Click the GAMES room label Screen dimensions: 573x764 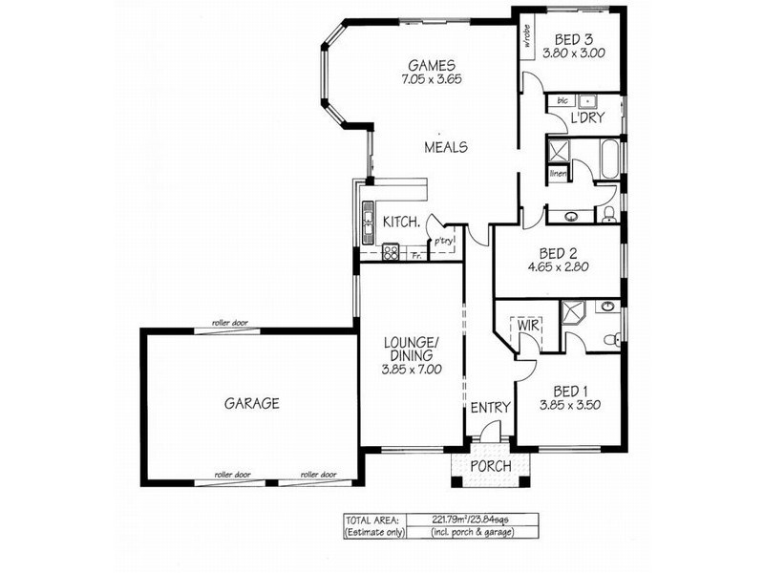(x=428, y=66)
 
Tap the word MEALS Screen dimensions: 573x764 (x=446, y=148)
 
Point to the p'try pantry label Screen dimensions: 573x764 (x=442, y=242)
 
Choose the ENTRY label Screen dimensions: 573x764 (x=491, y=408)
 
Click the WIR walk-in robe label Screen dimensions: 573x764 (x=530, y=327)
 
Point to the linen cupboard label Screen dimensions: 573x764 (x=559, y=173)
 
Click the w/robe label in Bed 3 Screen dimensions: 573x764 (x=526, y=40)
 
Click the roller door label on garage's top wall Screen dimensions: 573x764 (x=229, y=324)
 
